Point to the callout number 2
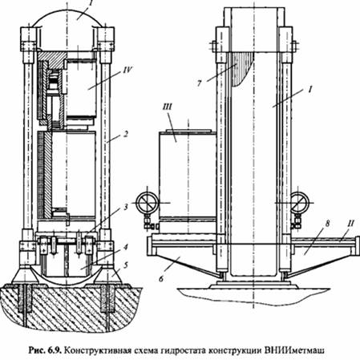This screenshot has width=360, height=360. [x=126, y=134]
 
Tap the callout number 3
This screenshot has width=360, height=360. [x=126, y=207]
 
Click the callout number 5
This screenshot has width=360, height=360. [x=126, y=265]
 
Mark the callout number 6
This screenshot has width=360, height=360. [x=161, y=278]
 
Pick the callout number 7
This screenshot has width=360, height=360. [x=199, y=83]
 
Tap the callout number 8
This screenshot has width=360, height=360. [x=328, y=223]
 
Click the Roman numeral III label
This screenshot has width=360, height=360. [x=167, y=107]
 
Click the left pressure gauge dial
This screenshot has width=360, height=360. [x=148, y=203]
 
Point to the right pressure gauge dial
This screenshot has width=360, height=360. [x=299, y=202]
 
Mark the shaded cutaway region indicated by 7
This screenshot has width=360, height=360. [x=239, y=67]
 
